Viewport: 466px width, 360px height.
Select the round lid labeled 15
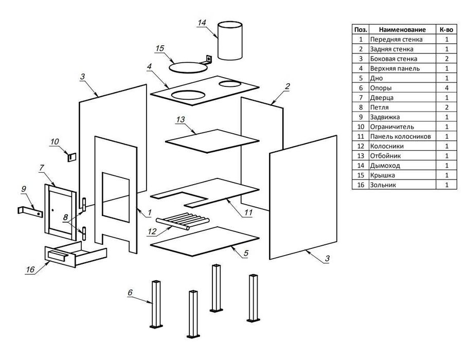(188, 65)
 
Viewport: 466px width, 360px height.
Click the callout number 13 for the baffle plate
(181, 120)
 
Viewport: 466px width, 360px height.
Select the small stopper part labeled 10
(72, 155)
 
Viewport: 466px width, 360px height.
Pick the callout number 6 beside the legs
(130, 292)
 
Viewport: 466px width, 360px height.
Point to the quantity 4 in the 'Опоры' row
(446, 87)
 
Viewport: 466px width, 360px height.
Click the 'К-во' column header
(446, 29)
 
